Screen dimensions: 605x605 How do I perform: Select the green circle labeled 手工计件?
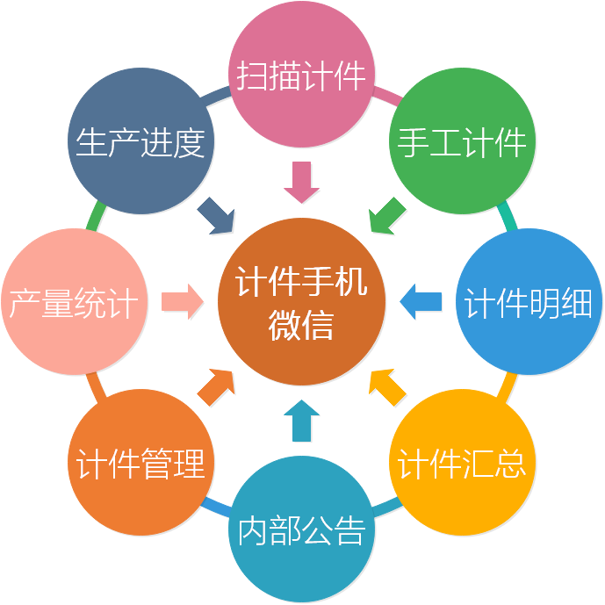click(462, 141)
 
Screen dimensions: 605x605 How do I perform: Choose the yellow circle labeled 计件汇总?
click(462, 463)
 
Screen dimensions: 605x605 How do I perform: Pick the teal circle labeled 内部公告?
click(301, 529)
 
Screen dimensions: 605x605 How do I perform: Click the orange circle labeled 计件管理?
click(140, 463)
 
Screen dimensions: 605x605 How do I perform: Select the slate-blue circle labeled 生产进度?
click(140, 141)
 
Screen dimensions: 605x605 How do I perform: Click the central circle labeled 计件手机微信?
click(301, 302)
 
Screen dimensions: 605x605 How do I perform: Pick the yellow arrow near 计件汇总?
click(385, 386)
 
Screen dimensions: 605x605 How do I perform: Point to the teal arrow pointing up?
click(302, 421)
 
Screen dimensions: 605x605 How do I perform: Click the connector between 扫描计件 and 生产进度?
click(216, 93)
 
